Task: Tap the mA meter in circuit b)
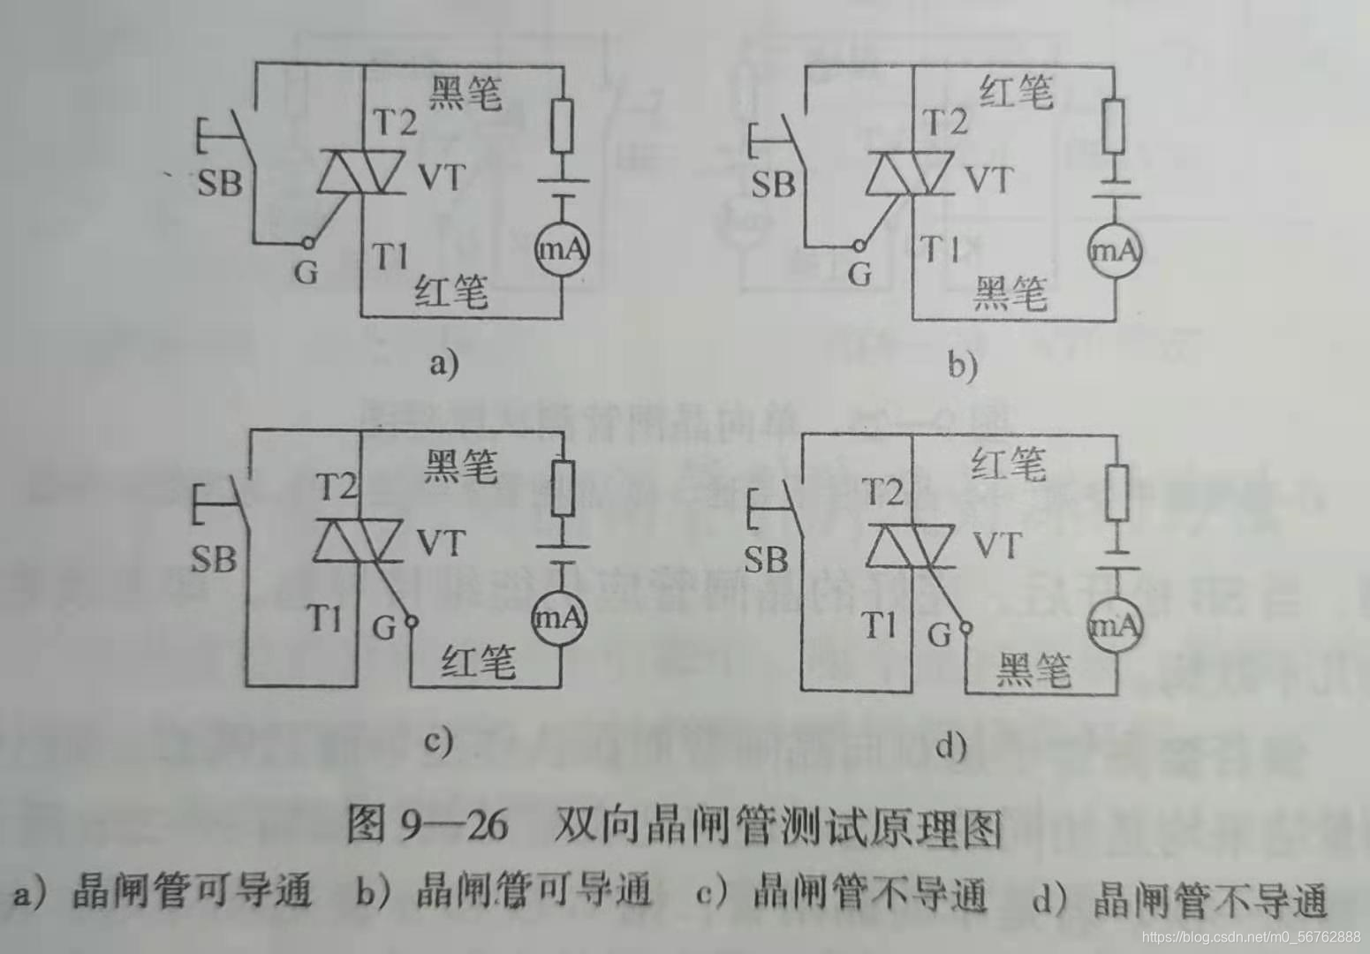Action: point(1114,251)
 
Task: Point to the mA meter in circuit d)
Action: point(1114,627)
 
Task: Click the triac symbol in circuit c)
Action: point(359,541)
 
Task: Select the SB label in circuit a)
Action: point(219,184)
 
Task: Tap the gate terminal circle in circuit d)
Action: point(965,629)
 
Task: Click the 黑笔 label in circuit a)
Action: point(465,92)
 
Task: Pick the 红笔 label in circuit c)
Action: point(478,661)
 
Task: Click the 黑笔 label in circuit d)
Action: point(1033,670)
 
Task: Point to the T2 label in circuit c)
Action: point(337,487)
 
